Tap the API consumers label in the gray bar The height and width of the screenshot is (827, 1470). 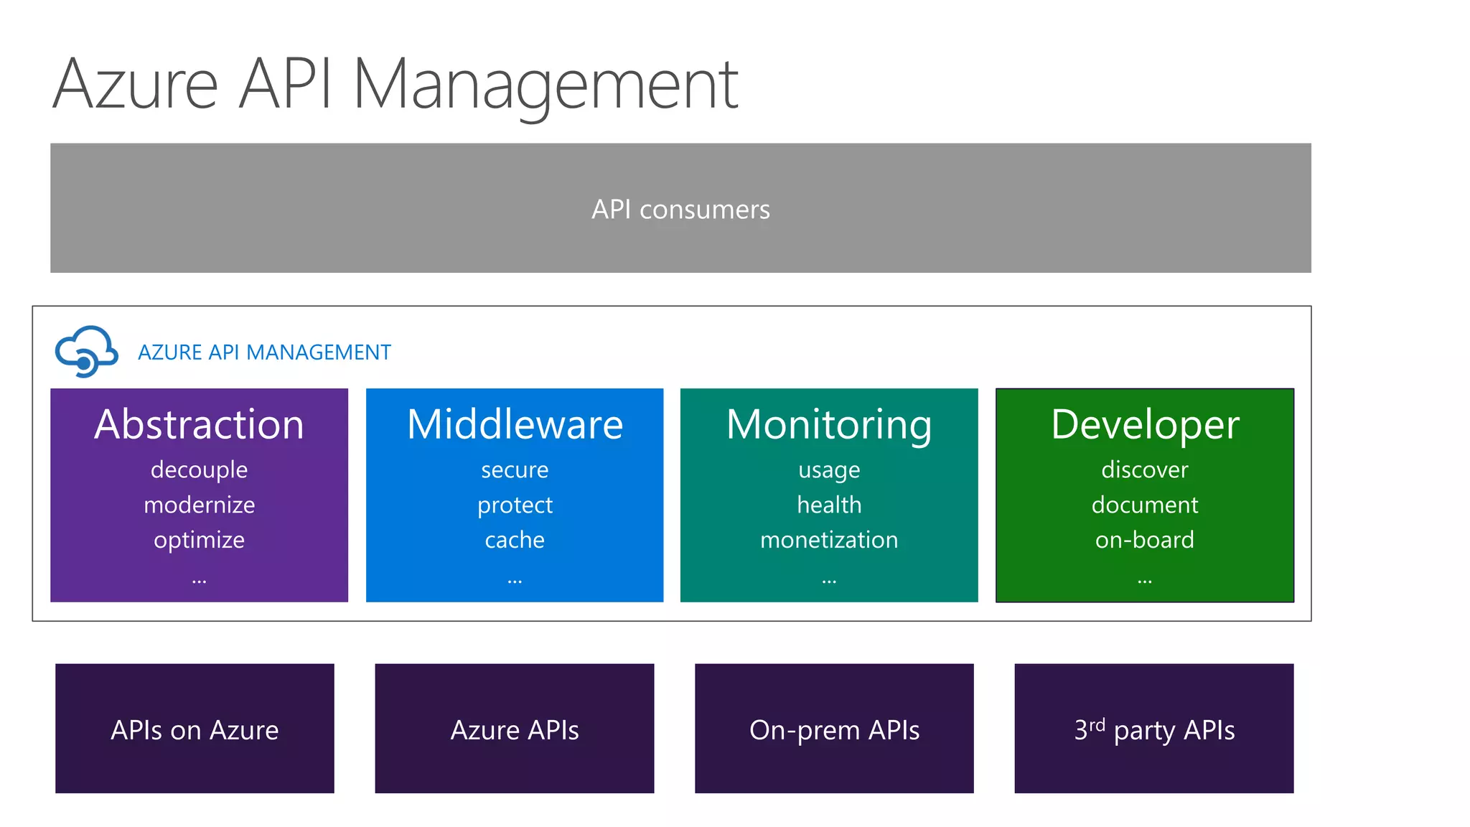(x=680, y=210)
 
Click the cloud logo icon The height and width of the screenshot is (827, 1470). (x=86, y=351)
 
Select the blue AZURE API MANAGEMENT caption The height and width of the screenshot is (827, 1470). (x=264, y=352)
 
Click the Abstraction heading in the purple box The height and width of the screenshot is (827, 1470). (x=199, y=424)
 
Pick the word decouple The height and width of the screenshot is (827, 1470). (x=199, y=469)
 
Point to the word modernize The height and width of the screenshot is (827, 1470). (x=199, y=505)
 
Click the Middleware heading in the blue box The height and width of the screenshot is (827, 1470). (x=515, y=424)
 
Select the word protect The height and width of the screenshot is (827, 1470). (x=515, y=505)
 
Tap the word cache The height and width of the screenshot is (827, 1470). (x=515, y=540)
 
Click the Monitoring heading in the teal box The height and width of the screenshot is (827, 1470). (x=829, y=424)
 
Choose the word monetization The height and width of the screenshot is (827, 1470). (x=829, y=540)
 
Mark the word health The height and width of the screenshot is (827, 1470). (x=829, y=505)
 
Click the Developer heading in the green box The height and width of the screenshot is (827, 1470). (x=1145, y=424)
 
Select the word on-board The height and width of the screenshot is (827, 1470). (x=1145, y=540)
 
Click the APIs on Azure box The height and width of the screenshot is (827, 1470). (x=195, y=729)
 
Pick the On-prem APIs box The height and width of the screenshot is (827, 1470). (x=834, y=729)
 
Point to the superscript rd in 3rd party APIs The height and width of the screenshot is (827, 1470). (x=1097, y=724)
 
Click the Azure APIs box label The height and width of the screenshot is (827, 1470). (x=515, y=730)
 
